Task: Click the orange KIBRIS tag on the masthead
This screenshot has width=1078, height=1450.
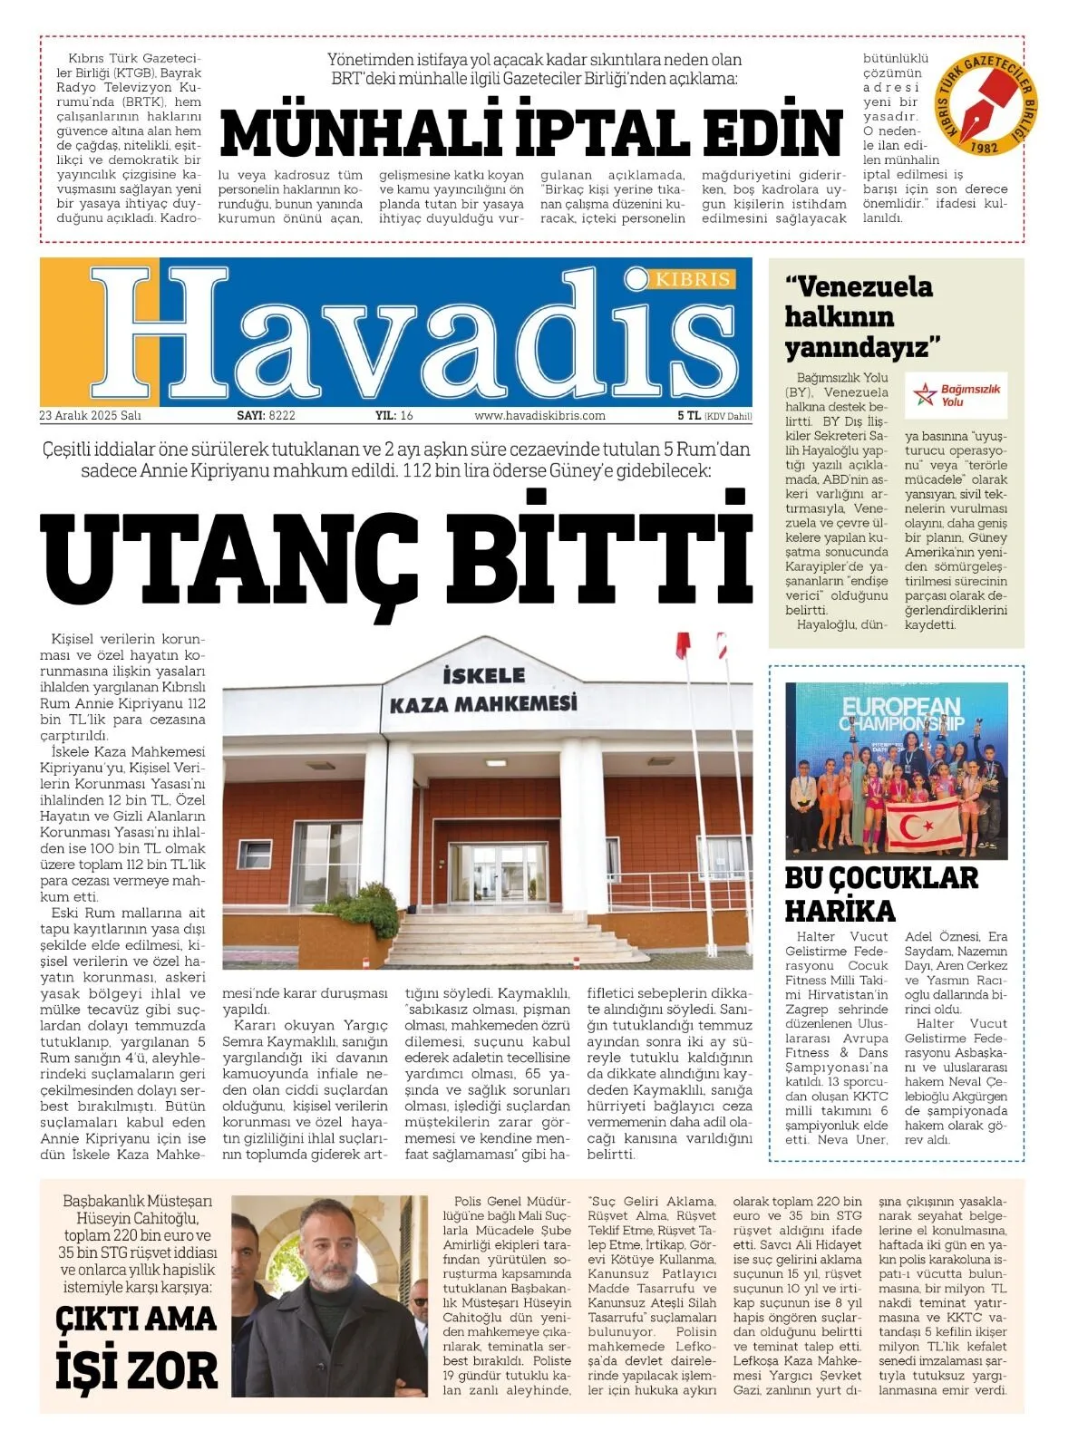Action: click(x=694, y=278)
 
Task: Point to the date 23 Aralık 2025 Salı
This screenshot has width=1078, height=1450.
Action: click(x=90, y=416)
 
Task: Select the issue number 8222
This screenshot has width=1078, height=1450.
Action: click(x=282, y=416)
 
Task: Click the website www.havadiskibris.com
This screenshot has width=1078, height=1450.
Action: click(x=539, y=416)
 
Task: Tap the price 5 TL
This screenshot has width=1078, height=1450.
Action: click(x=689, y=416)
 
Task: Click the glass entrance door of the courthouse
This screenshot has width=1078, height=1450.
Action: click(x=497, y=875)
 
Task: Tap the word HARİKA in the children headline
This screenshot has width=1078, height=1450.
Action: click(x=840, y=910)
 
